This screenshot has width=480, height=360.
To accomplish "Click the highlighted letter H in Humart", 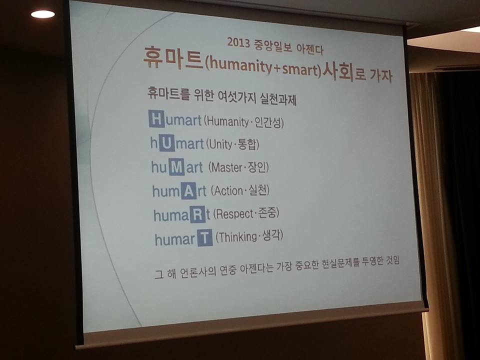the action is [x=156, y=118].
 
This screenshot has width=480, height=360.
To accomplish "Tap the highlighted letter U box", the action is [x=166, y=142].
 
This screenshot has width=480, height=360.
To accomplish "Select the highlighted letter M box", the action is [x=176, y=166].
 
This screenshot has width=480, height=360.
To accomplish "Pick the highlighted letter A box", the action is [x=188, y=190].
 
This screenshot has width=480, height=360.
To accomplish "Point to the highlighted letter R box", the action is [x=197, y=214].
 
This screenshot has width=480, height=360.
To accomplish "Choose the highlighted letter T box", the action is [x=205, y=238].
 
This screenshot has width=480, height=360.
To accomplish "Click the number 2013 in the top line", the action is [x=238, y=42].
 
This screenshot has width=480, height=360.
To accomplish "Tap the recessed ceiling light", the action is [x=43, y=14].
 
